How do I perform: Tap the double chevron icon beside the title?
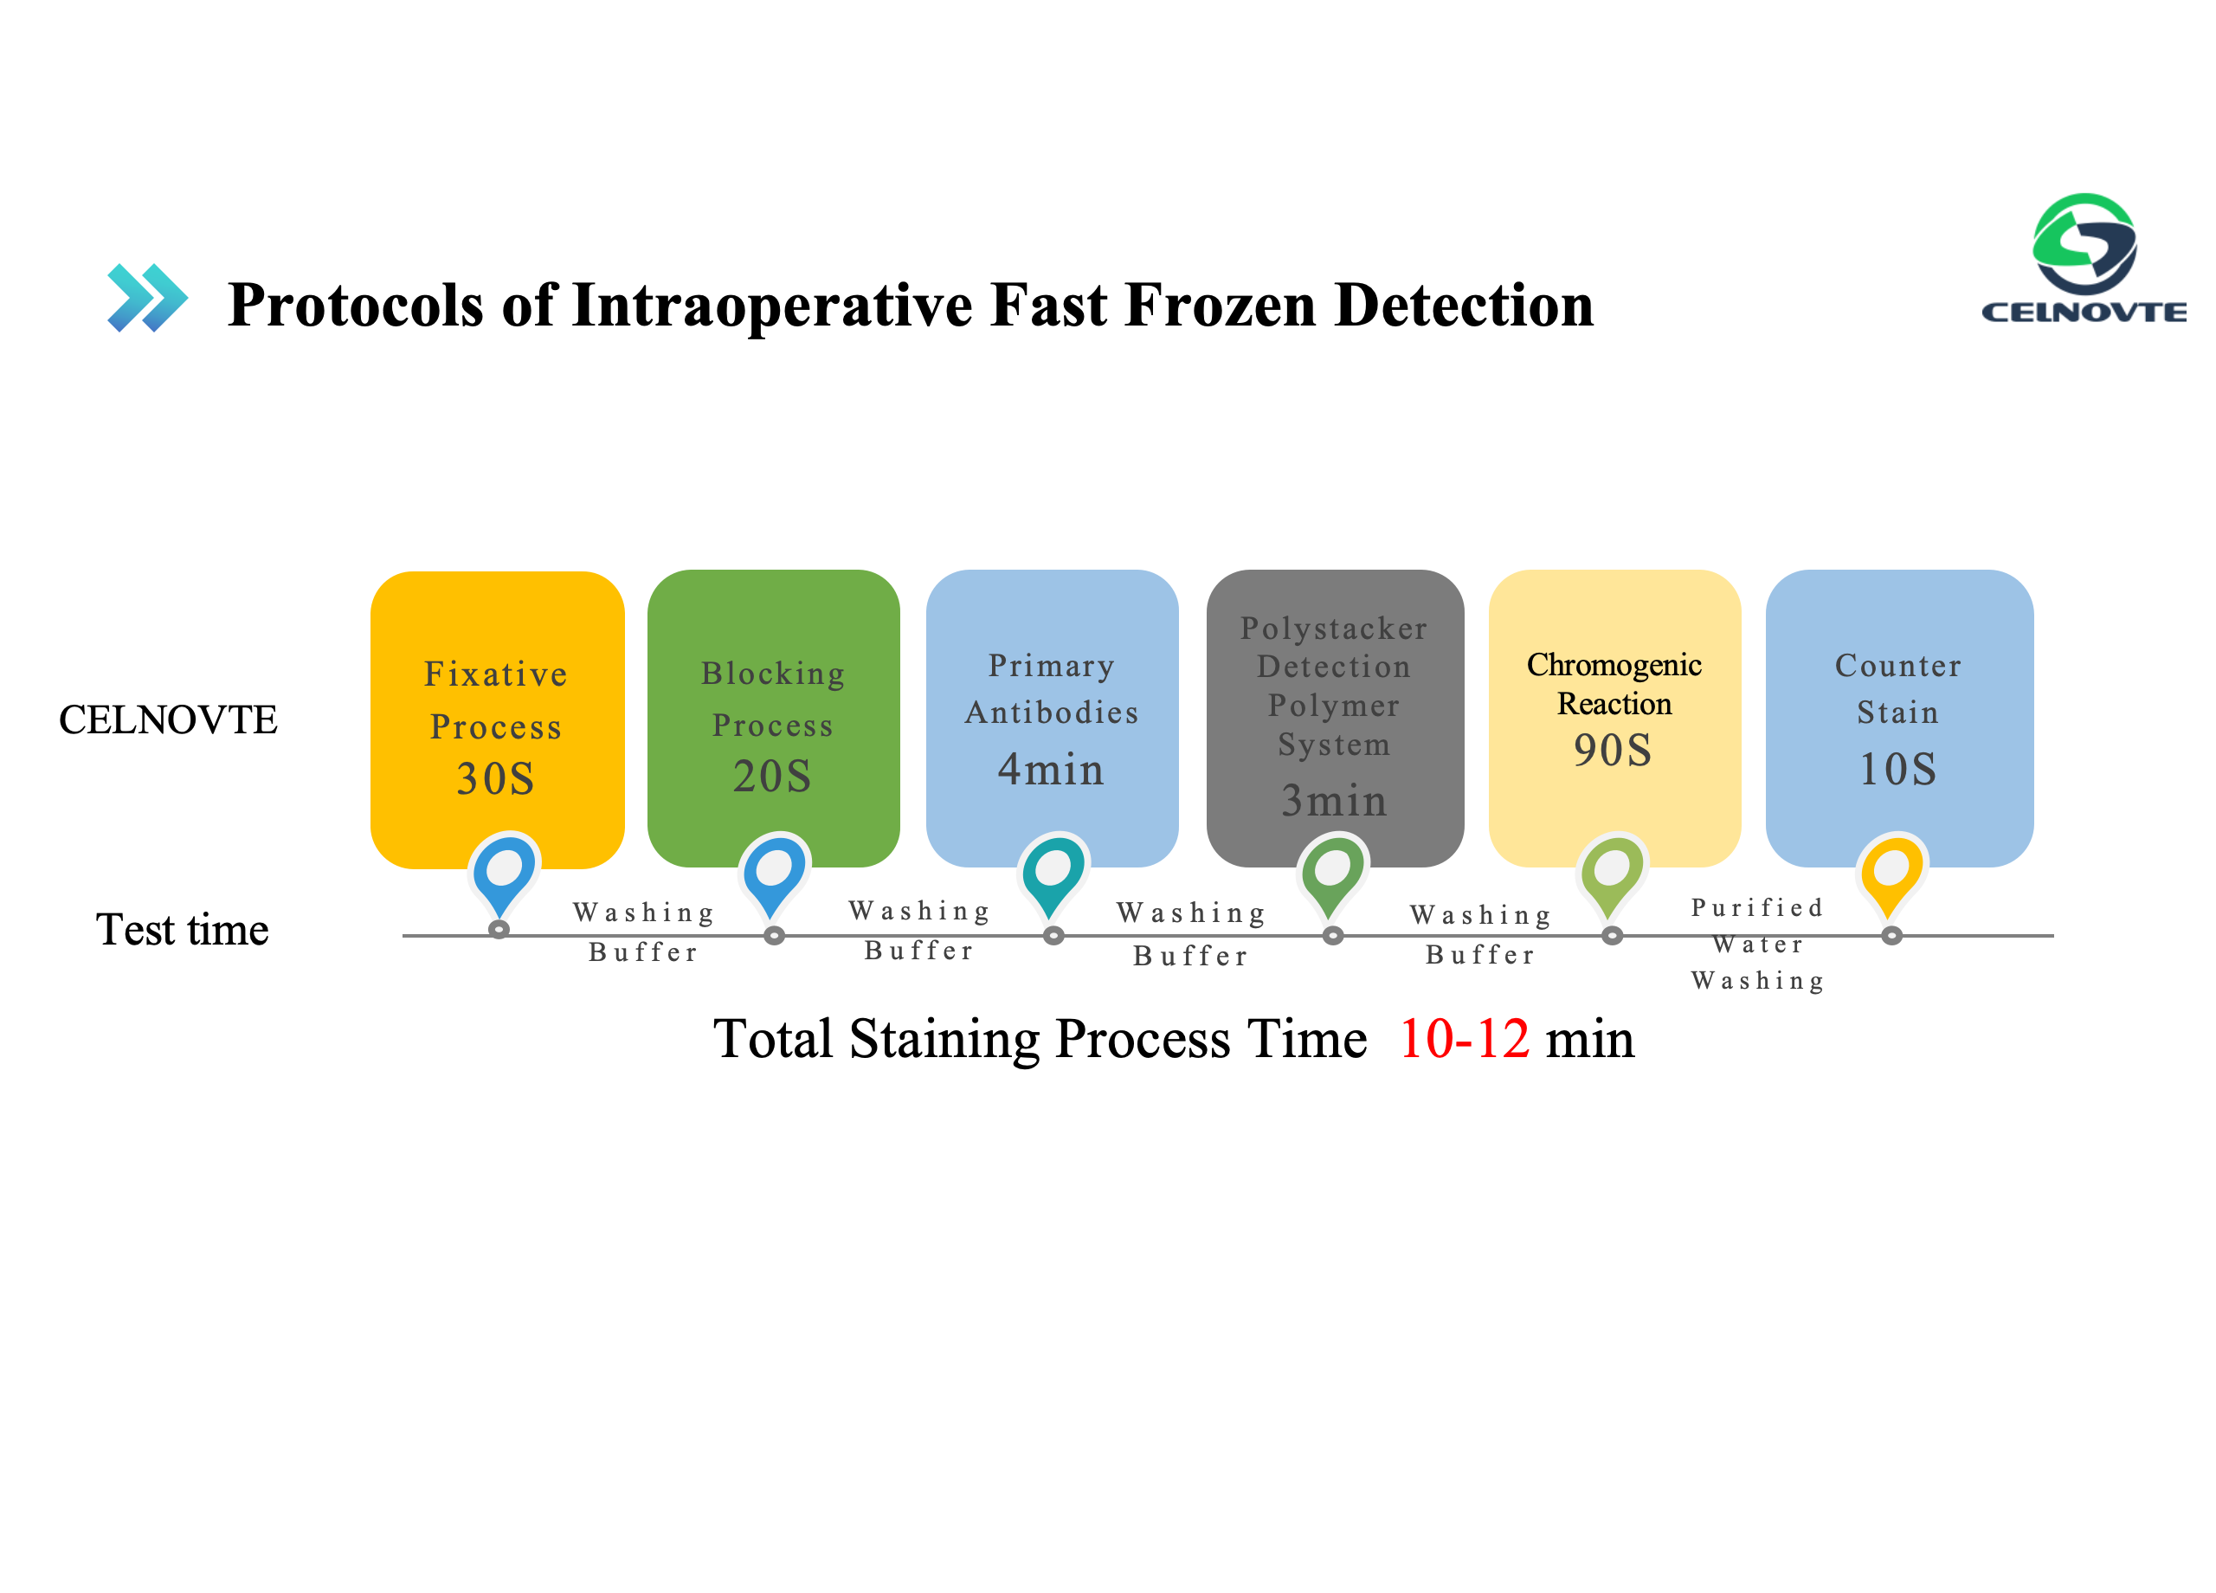click(147, 297)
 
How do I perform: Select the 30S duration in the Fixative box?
click(495, 779)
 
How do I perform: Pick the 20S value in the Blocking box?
click(772, 776)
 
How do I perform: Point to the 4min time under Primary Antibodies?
click(1050, 769)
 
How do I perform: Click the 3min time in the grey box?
click(1334, 801)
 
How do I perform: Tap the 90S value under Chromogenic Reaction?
click(1612, 750)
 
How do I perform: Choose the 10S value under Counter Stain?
click(1897, 769)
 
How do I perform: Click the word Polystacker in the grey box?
click(1334, 628)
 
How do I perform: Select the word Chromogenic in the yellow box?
click(1614, 666)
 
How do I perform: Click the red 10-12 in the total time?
click(1464, 1038)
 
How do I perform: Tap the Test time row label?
click(182, 930)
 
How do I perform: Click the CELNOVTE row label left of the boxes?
click(168, 719)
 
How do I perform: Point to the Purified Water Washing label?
click(1758, 944)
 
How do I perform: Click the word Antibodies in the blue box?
click(1052, 713)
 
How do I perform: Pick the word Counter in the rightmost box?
click(1897, 666)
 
